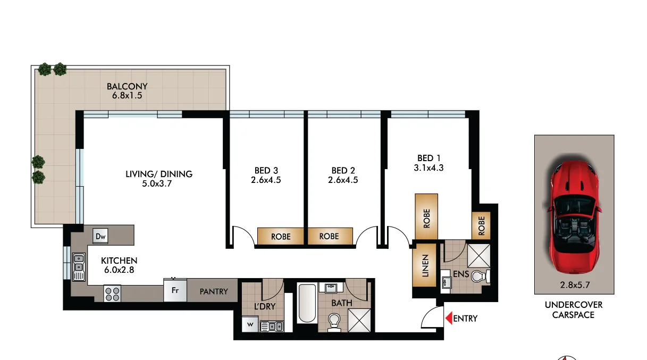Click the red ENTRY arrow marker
(x=448, y=319)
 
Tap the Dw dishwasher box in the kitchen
(x=100, y=236)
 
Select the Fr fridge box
(x=174, y=290)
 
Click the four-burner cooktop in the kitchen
(x=112, y=294)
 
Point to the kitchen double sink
(x=79, y=266)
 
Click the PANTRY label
(x=214, y=291)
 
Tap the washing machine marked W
(x=250, y=323)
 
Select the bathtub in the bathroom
(x=307, y=303)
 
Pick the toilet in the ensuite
(x=480, y=277)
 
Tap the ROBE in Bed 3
(x=281, y=236)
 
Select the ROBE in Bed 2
(x=329, y=236)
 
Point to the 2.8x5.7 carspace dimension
(x=574, y=285)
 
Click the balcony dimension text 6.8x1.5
(x=127, y=96)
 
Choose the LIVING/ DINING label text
(x=158, y=174)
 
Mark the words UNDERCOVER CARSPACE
(x=574, y=309)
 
